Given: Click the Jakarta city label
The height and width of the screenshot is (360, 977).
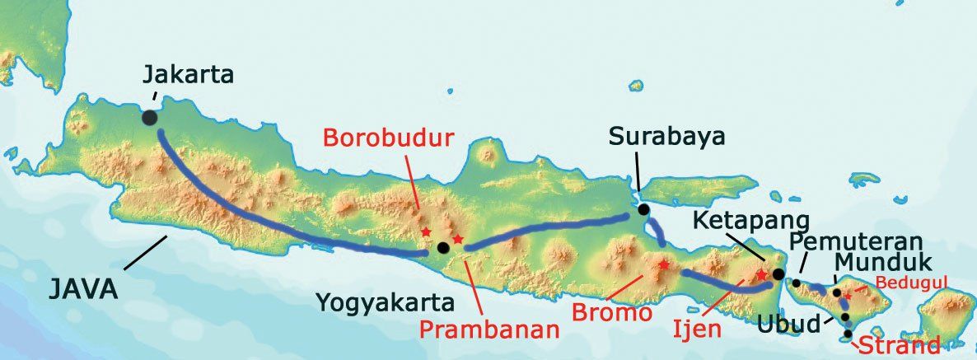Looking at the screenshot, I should [189, 75].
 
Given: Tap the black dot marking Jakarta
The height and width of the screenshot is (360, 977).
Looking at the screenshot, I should [149, 118].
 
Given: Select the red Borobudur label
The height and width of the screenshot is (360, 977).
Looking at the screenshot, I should [388, 138].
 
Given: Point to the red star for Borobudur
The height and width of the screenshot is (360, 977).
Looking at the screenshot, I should [426, 233].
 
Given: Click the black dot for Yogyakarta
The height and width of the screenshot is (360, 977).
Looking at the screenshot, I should [443, 247].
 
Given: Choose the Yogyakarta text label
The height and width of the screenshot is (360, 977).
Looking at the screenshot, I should [386, 304].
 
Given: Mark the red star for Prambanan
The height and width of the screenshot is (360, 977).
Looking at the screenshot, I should [458, 240].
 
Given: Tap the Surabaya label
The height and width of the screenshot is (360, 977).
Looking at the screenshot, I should [667, 137].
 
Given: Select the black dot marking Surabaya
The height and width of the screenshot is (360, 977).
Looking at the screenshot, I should [643, 209].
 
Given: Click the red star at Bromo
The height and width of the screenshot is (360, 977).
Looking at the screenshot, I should [663, 265].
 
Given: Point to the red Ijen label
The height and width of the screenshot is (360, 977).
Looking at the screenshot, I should [695, 330].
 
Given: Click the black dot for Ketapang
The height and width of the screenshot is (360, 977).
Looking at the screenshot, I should [778, 274].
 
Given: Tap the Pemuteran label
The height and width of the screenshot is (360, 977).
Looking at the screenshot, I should [848, 241].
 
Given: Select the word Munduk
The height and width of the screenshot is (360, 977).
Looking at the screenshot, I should [882, 264].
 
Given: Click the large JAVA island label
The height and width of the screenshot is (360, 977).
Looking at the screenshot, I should [83, 289].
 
